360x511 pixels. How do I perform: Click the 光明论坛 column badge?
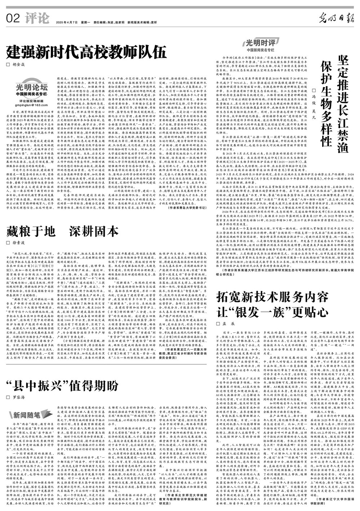click(31, 88)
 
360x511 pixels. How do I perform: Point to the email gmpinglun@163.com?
click(31, 105)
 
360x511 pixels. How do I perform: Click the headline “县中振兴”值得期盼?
click(63, 385)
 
